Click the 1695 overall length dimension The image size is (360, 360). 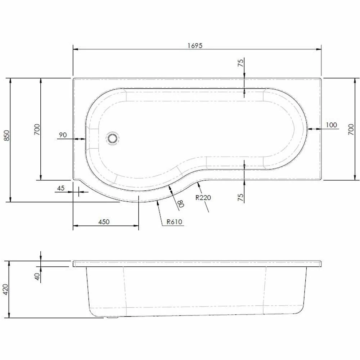pyautogui.click(x=195, y=45)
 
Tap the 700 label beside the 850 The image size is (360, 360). pyautogui.click(x=37, y=129)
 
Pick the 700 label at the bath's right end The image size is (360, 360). pyautogui.click(x=352, y=129)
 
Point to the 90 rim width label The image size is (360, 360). pyautogui.click(x=63, y=135)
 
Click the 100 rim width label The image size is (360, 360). pyautogui.click(x=331, y=125)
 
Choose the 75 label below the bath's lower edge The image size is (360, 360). pyautogui.click(x=241, y=197)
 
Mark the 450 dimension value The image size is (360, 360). pyautogui.click(x=104, y=222)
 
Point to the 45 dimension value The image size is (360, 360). pyautogui.click(x=60, y=188)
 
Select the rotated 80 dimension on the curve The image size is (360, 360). pyautogui.click(x=181, y=203)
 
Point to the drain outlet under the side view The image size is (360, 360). pyautogui.click(x=112, y=318)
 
